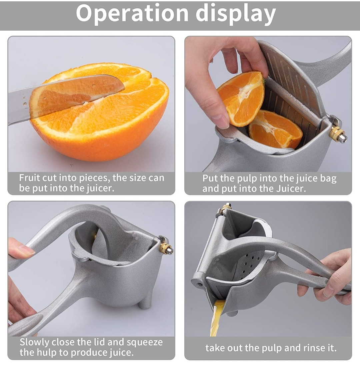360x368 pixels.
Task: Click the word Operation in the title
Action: pos(132,13)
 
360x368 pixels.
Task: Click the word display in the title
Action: pos(236,14)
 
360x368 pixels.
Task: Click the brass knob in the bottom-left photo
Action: pos(166,248)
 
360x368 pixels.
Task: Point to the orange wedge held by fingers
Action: pos(241,99)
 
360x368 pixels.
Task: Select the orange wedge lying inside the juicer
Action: pos(275,129)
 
